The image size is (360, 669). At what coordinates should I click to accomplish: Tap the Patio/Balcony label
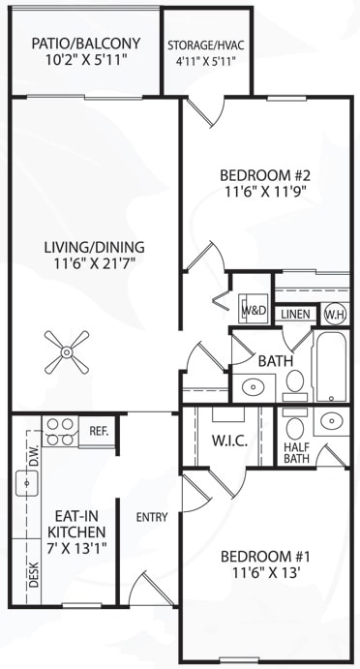(86, 44)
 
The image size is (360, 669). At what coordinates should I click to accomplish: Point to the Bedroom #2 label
(262, 175)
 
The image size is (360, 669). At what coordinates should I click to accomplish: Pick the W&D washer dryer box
(254, 311)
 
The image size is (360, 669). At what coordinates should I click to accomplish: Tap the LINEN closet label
(294, 315)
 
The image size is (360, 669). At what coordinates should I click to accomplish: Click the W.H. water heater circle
(335, 314)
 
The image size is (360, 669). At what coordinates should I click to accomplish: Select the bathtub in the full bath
(329, 367)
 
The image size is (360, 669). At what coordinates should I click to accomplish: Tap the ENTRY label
(151, 518)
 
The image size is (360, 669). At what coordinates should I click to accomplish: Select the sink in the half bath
(332, 422)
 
